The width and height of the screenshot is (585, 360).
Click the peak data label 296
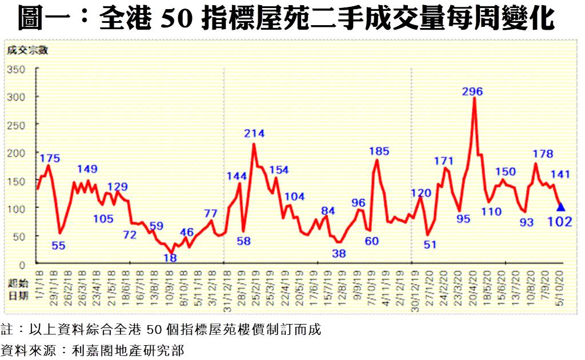472,91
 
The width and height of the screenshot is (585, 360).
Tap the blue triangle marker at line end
561,207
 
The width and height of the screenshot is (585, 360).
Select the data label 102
560,222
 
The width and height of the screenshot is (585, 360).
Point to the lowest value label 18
170,258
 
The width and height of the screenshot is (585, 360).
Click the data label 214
254,134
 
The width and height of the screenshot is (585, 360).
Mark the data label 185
379,151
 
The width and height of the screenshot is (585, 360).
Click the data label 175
50,158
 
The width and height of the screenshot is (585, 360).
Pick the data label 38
339,253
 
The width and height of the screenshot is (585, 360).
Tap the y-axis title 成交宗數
27,50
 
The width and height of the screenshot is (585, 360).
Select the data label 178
542,154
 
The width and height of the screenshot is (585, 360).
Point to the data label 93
526,222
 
